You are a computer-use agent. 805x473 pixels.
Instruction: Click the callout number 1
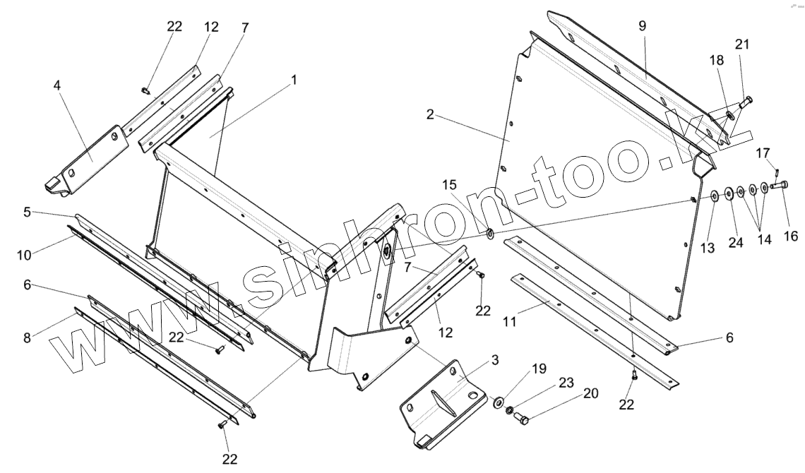click(x=294, y=80)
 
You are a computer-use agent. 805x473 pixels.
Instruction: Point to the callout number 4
click(x=56, y=85)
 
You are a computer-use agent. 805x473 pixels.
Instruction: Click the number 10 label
click(x=27, y=211)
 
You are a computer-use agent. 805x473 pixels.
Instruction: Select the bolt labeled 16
click(x=778, y=186)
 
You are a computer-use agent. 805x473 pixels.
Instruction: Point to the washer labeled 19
click(x=499, y=402)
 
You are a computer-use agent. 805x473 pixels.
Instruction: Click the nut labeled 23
click(x=511, y=410)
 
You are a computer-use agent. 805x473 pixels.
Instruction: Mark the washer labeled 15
click(x=489, y=231)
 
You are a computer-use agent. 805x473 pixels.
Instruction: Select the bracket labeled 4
click(x=92, y=155)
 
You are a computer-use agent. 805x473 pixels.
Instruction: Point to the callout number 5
click(x=27, y=211)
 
